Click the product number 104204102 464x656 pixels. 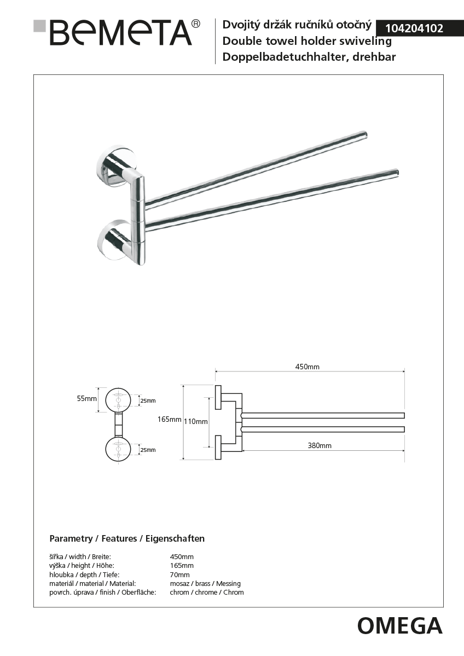414,28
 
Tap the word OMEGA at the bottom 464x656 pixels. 399,625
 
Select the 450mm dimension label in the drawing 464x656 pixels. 308,367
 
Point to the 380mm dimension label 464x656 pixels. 319,445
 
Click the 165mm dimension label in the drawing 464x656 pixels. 169,420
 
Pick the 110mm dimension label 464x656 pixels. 195,421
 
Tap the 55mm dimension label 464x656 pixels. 86,399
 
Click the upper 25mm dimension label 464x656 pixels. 148,401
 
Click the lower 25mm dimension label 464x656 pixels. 148,450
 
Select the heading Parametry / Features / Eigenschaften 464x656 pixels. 127,538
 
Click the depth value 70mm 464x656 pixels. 180,574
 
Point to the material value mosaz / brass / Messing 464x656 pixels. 205,583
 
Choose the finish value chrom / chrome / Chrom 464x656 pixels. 207,592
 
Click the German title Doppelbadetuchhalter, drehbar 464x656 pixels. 309,57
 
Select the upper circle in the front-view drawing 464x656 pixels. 118,400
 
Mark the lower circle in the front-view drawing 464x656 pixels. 118,449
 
